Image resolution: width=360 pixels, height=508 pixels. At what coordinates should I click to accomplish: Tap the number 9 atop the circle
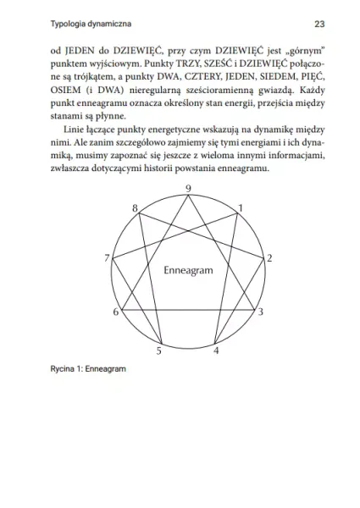click(187, 188)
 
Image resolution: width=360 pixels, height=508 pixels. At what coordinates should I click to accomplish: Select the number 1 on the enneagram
click(241, 207)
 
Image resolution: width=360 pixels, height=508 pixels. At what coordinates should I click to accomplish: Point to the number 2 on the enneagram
click(269, 257)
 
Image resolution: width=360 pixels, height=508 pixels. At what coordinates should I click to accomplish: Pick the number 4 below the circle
click(216, 350)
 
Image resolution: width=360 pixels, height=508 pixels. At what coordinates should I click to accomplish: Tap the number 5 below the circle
click(158, 350)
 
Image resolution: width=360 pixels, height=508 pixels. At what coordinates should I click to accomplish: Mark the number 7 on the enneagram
click(106, 257)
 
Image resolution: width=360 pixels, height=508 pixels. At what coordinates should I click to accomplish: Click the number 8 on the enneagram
click(135, 208)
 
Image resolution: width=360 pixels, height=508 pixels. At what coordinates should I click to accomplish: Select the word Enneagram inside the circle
click(187, 268)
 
